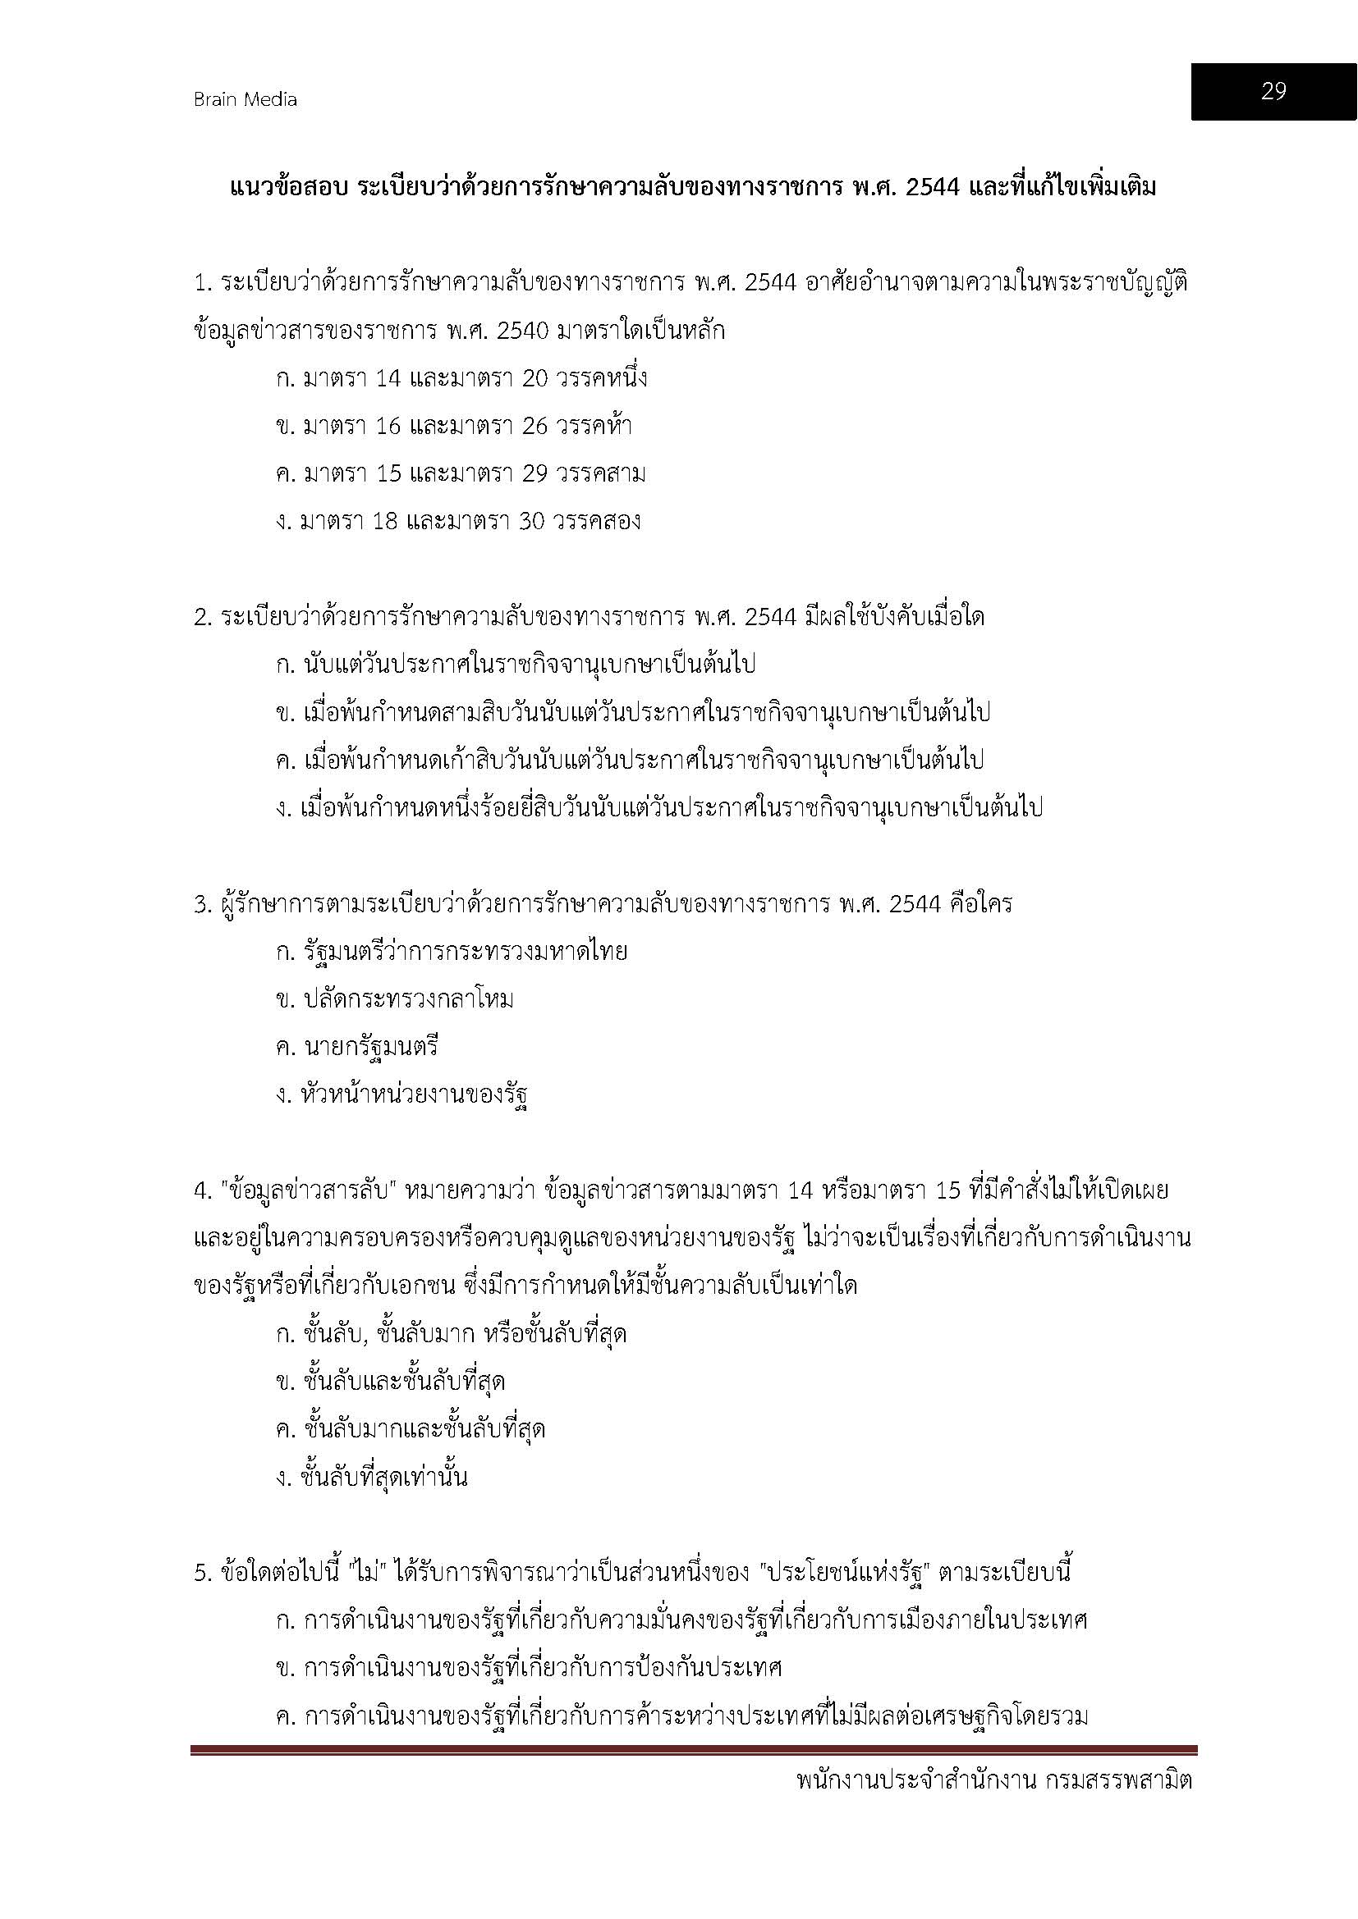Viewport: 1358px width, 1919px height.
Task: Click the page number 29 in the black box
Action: pos(1273,91)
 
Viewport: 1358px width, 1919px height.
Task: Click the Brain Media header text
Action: pos(245,99)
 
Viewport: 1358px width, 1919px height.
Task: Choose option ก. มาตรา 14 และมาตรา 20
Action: pos(461,378)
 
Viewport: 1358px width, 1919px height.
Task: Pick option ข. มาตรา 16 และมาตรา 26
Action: pos(453,427)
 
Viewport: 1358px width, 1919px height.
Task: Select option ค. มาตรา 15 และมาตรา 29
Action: pos(461,474)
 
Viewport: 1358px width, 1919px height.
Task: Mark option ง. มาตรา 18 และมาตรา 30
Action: pos(458,522)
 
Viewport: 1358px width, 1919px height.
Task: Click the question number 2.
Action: pos(201,618)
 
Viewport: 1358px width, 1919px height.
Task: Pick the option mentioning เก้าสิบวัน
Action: pos(630,760)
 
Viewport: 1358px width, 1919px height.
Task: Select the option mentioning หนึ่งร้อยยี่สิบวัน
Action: pos(659,808)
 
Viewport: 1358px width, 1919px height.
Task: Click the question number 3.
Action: pos(201,904)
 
